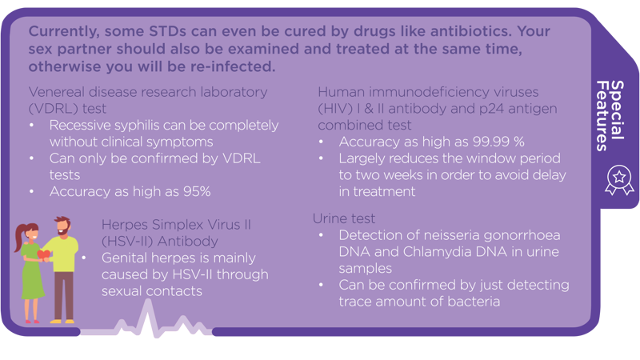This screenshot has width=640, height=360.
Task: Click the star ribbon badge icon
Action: click(x=619, y=179)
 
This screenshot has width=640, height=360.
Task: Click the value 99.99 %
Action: click(x=498, y=142)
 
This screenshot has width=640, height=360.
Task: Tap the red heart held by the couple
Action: click(x=44, y=254)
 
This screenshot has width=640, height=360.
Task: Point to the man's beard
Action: click(x=63, y=231)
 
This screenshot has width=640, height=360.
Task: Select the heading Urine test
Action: click(x=344, y=218)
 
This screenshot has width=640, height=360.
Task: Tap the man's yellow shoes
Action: click(x=62, y=322)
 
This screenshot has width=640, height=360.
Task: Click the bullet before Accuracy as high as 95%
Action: click(x=32, y=191)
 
